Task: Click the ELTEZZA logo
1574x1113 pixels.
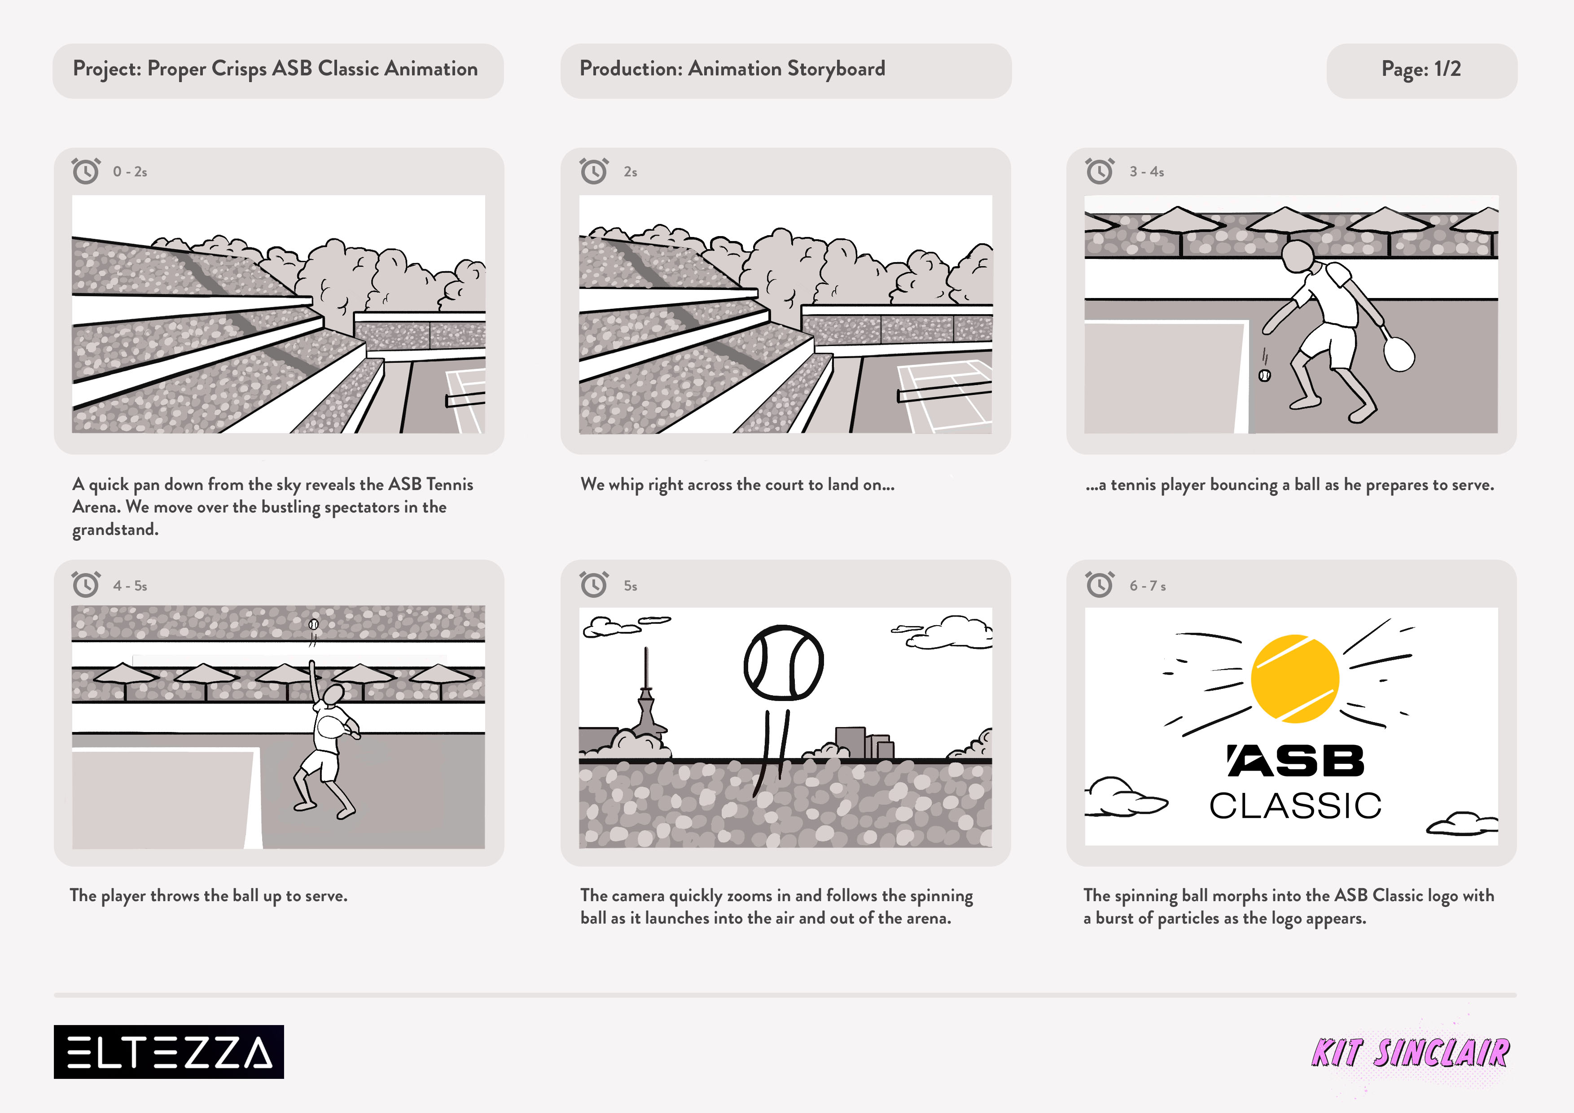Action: (x=169, y=1052)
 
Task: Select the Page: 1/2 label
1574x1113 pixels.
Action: (x=1421, y=69)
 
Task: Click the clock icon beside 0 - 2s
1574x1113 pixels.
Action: (x=86, y=171)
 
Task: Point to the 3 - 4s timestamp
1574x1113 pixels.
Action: (x=1147, y=172)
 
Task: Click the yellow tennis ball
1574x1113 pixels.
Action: (x=1295, y=679)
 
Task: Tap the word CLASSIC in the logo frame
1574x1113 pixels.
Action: (x=1295, y=806)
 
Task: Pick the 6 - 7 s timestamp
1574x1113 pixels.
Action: (x=1148, y=586)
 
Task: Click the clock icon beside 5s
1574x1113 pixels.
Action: (x=594, y=585)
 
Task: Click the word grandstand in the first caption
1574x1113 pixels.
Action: (x=115, y=530)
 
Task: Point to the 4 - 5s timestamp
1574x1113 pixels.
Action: (x=130, y=586)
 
